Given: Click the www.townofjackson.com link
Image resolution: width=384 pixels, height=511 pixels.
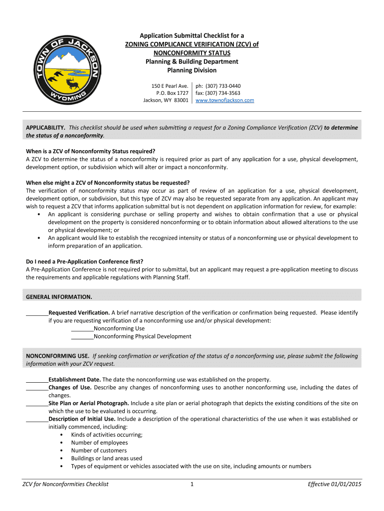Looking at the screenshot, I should click(x=224, y=100).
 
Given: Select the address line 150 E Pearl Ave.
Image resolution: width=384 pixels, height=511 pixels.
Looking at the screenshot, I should click(x=170, y=86).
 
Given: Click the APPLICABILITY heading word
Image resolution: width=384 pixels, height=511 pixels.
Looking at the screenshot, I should click(x=45, y=128).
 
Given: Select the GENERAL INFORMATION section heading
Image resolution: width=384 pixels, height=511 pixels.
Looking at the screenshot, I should click(x=59, y=297).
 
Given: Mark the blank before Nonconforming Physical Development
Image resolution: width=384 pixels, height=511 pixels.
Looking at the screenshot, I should click(x=82, y=337).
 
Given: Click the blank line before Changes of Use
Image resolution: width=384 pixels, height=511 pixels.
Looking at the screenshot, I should click(x=37, y=388).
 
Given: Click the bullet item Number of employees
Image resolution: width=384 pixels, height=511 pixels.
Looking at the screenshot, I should click(x=99, y=443).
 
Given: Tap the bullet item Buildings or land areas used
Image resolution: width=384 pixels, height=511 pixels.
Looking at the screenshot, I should click(x=106, y=458).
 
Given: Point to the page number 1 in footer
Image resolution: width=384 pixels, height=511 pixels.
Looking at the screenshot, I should click(x=192, y=484).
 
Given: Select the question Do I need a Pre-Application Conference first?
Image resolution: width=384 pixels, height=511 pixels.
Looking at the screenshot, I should click(x=84, y=261).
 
